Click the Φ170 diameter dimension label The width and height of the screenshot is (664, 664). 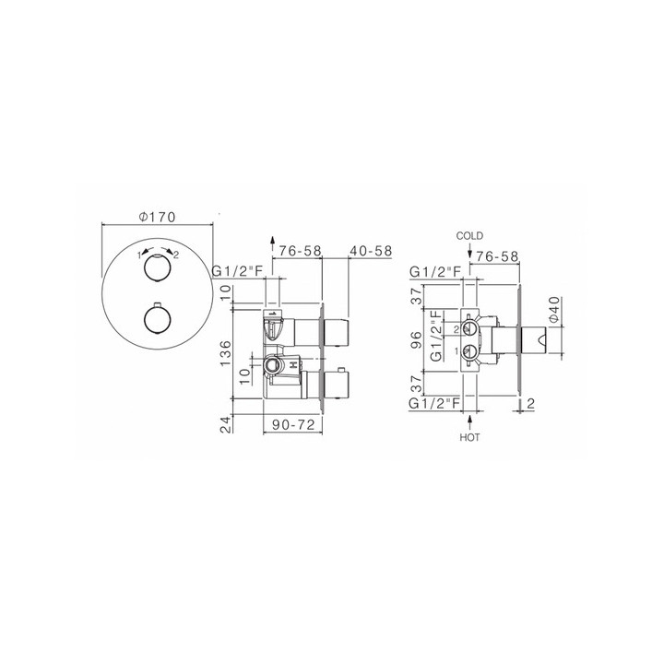157,217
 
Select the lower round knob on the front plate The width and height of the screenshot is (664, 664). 157,318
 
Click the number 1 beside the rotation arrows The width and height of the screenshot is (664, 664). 138,255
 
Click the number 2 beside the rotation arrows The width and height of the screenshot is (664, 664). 176,255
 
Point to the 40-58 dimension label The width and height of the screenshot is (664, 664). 371,251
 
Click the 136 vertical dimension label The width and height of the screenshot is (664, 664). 225,353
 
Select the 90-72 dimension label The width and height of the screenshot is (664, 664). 293,424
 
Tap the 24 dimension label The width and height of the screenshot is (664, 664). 227,424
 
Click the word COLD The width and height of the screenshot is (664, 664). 469,236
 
